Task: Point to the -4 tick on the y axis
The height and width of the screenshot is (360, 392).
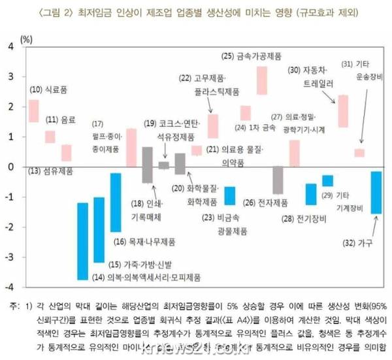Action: [10, 287]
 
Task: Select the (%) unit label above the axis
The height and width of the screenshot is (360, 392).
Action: [26, 38]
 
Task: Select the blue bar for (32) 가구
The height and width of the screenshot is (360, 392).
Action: [376, 192]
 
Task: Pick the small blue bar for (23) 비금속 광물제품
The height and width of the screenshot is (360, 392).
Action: [229, 195]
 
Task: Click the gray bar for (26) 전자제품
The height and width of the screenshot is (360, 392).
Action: [278, 180]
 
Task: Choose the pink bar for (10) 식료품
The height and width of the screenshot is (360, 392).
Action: [33, 111]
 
